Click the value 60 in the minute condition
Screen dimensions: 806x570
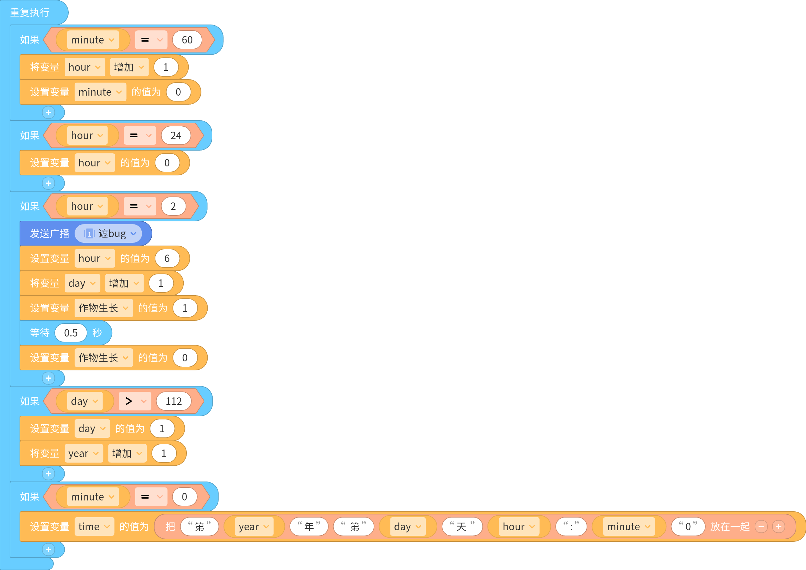pyautogui.click(x=187, y=40)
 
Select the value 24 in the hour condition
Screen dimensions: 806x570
pyautogui.click(x=176, y=135)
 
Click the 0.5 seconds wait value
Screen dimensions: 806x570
pyautogui.click(x=71, y=333)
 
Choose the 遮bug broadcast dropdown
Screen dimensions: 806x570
pyautogui.click(x=108, y=233)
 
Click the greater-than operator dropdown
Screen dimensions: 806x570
pyautogui.click(x=135, y=401)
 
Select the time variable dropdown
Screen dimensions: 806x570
pyautogui.click(x=94, y=527)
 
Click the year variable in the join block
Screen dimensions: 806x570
pyautogui.click(x=254, y=527)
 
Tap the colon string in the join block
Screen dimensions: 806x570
pyautogui.click(x=571, y=527)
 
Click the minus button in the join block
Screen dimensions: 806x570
pyautogui.click(x=761, y=527)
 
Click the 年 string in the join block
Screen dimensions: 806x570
pyautogui.click(x=309, y=527)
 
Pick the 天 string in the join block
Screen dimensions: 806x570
pyautogui.click(x=462, y=527)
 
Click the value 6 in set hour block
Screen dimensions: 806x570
pyautogui.click(x=167, y=258)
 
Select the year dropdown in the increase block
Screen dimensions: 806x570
pyautogui.click(x=84, y=453)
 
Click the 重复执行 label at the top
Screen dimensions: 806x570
pyautogui.click(x=30, y=13)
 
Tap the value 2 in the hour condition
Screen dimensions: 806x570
pyautogui.click(x=173, y=206)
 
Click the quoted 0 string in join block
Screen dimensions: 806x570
pyautogui.click(x=688, y=527)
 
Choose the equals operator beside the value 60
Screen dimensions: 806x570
pyautogui.click(x=151, y=40)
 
